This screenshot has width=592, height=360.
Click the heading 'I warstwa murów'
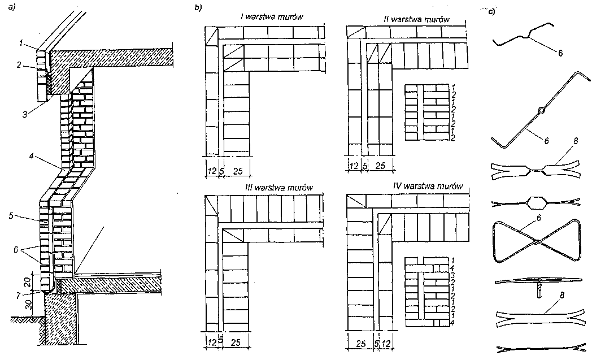click(272, 17)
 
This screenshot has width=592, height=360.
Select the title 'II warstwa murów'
click(416, 19)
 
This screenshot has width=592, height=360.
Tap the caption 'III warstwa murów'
click(278, 188)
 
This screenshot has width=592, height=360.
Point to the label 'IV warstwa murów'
click(428, 186)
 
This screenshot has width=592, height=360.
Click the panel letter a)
click(11, 7)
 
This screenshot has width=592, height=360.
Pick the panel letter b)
click(198, 7)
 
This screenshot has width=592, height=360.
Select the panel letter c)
click(491, 11)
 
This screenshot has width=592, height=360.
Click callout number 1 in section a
click(21, 44)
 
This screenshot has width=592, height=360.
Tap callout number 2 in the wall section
click(19, 65)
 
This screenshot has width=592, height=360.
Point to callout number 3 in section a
click(24, 115)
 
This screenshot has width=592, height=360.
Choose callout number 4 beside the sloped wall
click(32, 155)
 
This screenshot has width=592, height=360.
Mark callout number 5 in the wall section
click(11, 216)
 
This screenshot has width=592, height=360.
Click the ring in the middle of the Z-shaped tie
click(541, 110)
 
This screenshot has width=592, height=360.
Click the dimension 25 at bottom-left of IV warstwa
click(362, 344)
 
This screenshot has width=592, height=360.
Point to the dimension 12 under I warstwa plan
click(212, 171)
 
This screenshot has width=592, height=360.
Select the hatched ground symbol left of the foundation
click(24, 319)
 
